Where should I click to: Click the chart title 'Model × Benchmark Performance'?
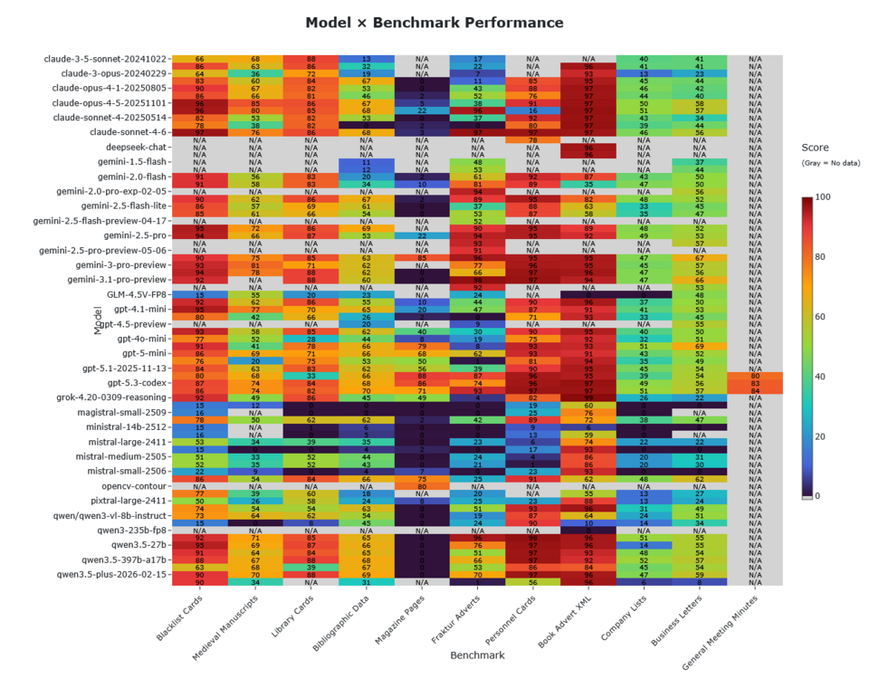pyautogui.click(x=434, y=23)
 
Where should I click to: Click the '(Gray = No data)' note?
pyautogui.click(x=830, y=163)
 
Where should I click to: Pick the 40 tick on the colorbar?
pyautogui.click(x=819, y=376)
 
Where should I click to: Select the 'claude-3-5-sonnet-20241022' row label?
pyautogui.click(x=106, y=59)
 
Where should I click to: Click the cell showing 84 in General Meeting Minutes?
pyautogui.click(x=755, y=390)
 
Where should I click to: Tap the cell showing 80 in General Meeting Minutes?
pyautogui.click(x=755, y=375)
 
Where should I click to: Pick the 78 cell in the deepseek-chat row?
pyautogui.click(x=533, y=139)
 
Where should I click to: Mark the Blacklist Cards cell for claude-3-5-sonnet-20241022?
pyautogui.click(x=199, y=59)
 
